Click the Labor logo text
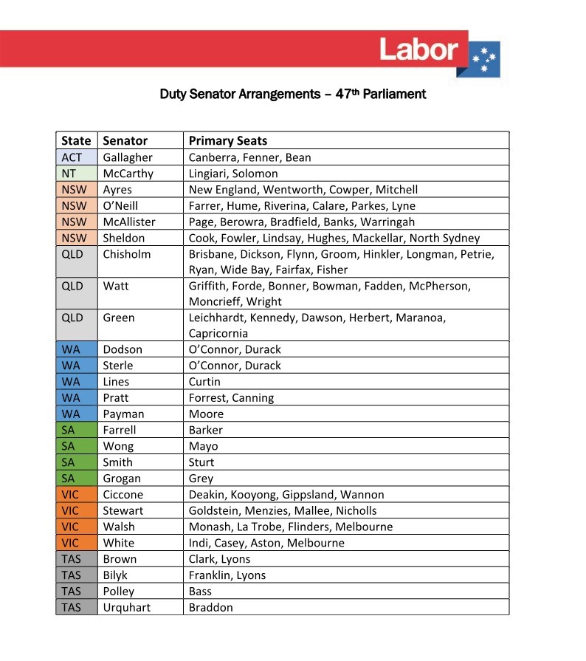click(418, 49)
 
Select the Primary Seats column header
click(227, 140)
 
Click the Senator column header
click(125, 140)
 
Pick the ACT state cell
click(72, 157)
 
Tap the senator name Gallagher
click(128, 157)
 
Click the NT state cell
click(69, 174)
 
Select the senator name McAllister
click(129, 222)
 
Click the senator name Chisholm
click(127, 254)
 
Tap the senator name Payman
click(123, 414)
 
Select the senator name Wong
click(118, 446)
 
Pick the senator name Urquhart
click(126, 608)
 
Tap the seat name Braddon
click(210, 608)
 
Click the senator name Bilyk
click(115, 575)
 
